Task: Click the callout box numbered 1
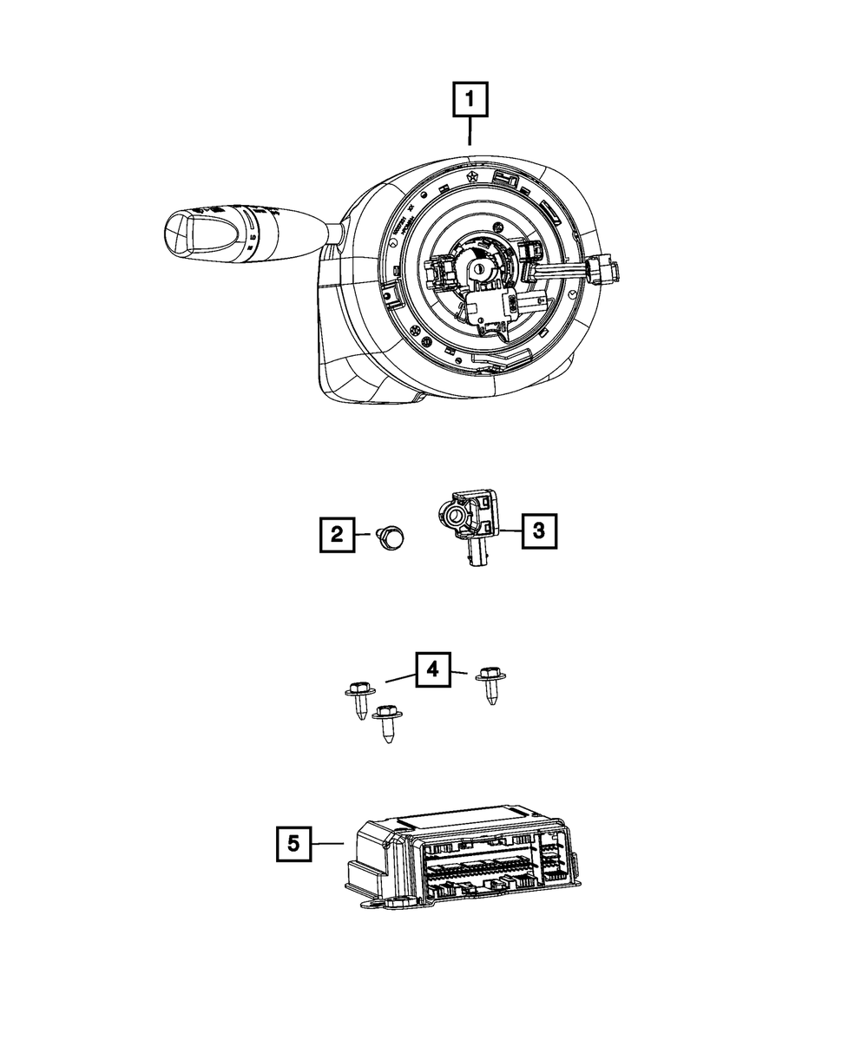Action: [469, 100]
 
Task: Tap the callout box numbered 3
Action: [538, 530]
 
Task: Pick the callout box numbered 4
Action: [434, 670]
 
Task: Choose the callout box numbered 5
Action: [294, 843]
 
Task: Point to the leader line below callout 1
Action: [469, 132]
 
